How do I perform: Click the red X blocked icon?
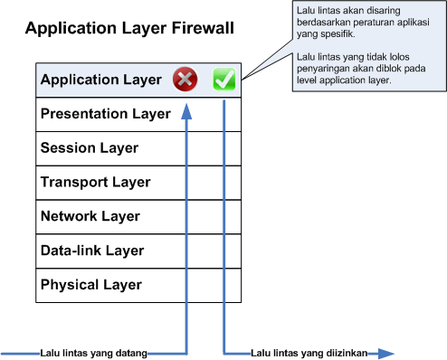[x=185, y=80]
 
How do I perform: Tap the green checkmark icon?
[x=223, y=80]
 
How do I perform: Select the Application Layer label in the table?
[x=100, y=80]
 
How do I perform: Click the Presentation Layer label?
[x=105, y=114]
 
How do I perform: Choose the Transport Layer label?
[x=95, y=182]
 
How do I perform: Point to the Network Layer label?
[x=90, y=216]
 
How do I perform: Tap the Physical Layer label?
[x=91, y=285]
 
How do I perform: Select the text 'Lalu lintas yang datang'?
[x=93, y=353]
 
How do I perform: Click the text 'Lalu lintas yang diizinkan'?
[x=306, y=353]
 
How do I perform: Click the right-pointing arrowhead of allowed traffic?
[x=386, y=353]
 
